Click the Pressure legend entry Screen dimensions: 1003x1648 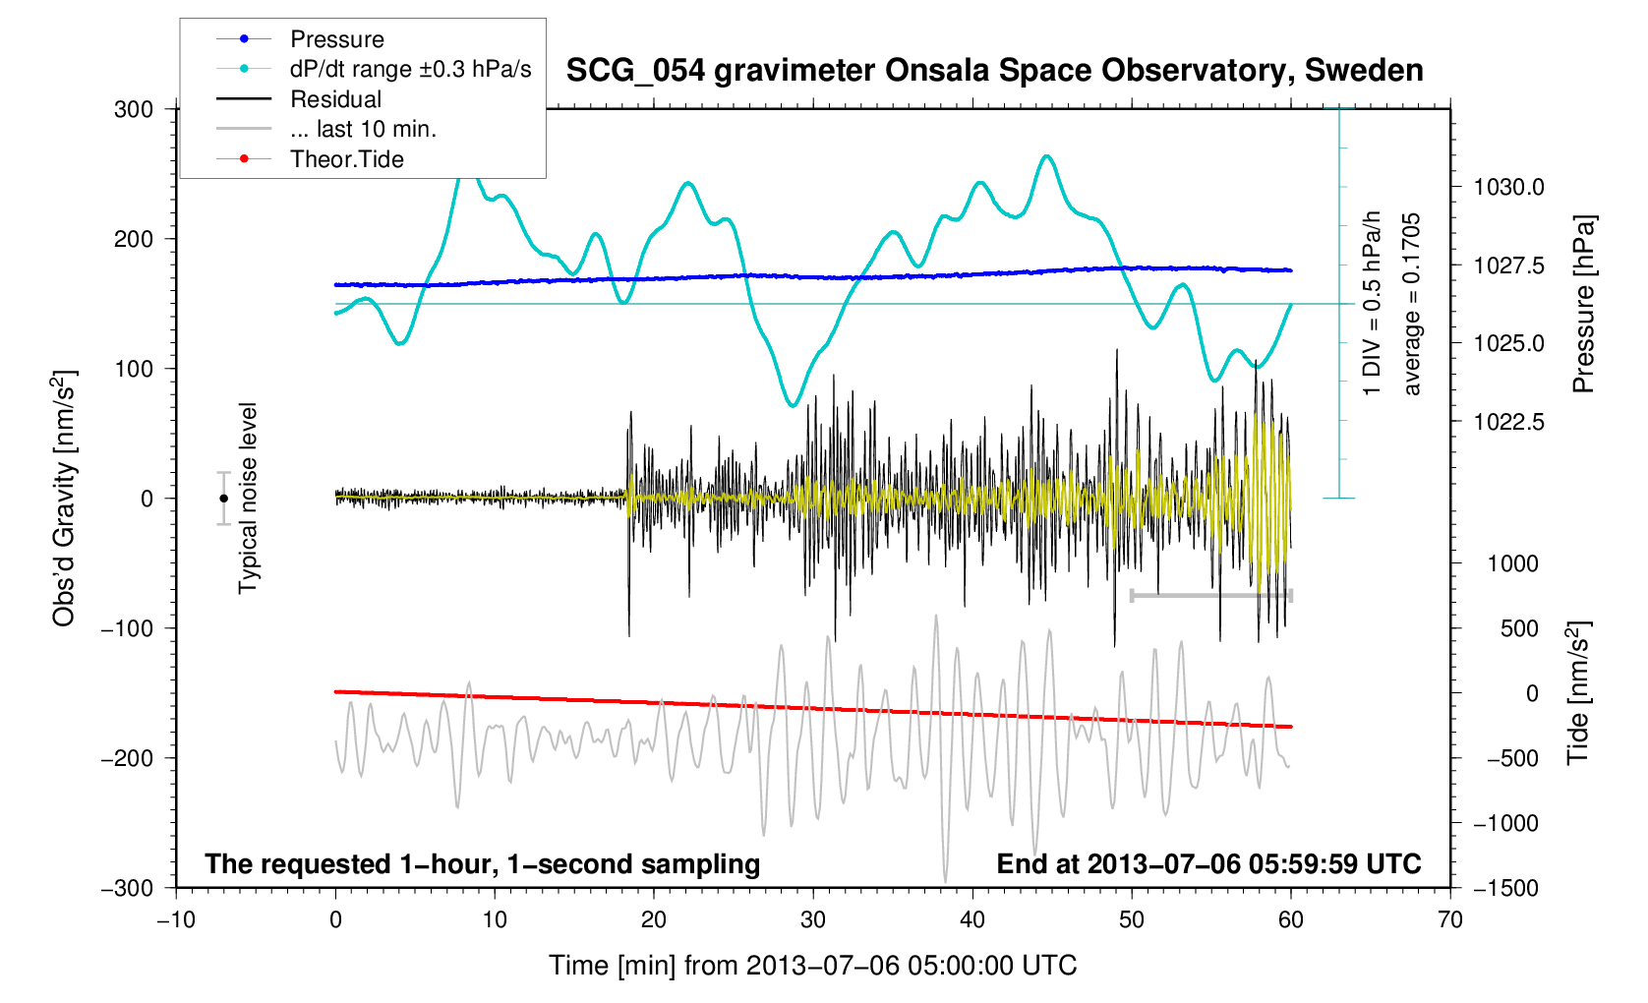(x=336, y=39)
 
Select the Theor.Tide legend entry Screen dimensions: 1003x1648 (x=346, y=159)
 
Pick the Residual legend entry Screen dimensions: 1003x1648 (x=335, y=99)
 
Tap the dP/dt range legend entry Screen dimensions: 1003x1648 (x=410, y=69)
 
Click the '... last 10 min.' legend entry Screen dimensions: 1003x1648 (x=363, y=129)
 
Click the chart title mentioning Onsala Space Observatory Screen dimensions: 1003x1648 (x=994, y=71)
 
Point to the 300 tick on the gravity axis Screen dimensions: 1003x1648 (x=134, y=109)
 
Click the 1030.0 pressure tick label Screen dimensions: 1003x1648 (x=1508, y=187)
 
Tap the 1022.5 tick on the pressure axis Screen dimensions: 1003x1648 (x=1508, y=422)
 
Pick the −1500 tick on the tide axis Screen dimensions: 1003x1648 (x=1504, y=888)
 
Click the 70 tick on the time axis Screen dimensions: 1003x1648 (x=1449, y=920)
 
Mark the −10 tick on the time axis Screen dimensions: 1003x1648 (x=176, y=920)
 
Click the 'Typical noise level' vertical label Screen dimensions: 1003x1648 (x=248, y=499)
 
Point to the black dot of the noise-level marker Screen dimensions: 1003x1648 (x=224, y=499)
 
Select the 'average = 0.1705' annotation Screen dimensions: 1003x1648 (x=1412, y=305)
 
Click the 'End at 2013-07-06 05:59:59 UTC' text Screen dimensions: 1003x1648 (x=1208, y=864)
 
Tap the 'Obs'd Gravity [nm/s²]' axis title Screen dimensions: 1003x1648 (x=64, y=499)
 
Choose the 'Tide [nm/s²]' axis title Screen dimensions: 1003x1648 (x=1578, y=693)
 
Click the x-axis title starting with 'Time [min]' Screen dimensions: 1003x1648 (x=812, y=966)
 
